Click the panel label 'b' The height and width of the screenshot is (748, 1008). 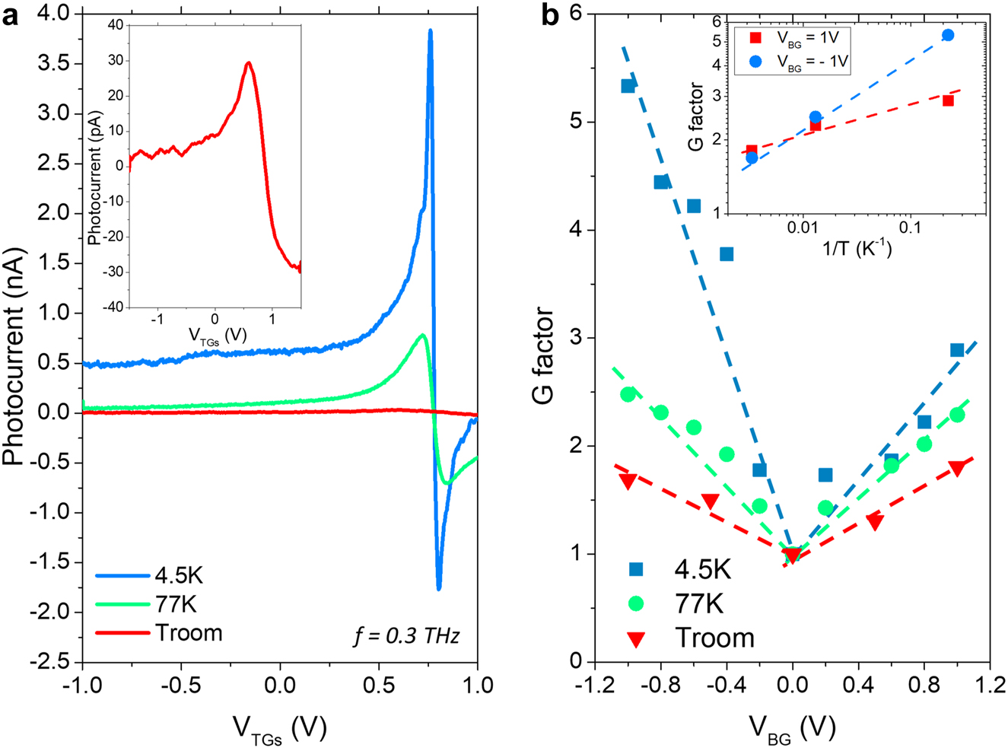pyautogui.click(x=549, y=17)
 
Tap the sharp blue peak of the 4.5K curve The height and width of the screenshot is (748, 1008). pyautogui.click(x=431, y=31)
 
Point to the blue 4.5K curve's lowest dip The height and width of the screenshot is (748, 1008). pyautogui.click(x=439, y=588)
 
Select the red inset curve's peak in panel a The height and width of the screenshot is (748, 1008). pyautogui.click(x=248, y=63)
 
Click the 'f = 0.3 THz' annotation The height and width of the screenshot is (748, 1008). pyautogui.click(x=406, y=635)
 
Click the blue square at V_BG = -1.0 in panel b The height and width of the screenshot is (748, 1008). pyautogui.click(x=628, y=86)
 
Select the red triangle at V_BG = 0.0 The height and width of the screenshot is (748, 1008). pyautogui.click(x=792, y=556)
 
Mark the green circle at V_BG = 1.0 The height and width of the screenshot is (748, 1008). pyautogui.click(x=957, y=415)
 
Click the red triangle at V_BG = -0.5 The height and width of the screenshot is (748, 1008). pyautogui.click(x=710, y=501)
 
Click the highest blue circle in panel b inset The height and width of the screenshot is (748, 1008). pyautogui.click(x=947, y=35)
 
